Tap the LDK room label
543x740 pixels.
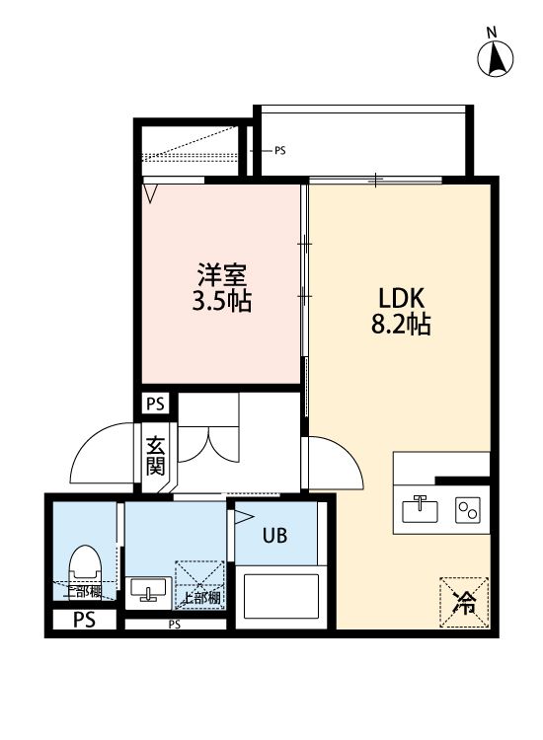pos(401,297)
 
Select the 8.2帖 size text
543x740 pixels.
pos(401,325)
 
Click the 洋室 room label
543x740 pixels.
pos(221,273)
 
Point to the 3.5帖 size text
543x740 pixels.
pos(221,300)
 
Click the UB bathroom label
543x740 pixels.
pos(274,536)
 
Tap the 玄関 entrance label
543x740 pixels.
pos(156,455)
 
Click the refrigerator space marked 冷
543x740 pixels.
pos(463,600)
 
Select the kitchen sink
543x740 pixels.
pos(421,509)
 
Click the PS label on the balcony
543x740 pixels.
pos(279,151)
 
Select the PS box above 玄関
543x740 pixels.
pos(156,404)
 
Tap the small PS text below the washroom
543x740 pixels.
pos(174,624)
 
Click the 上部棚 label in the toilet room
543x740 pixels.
pos(83,591)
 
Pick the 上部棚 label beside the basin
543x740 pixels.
pos(200,597)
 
